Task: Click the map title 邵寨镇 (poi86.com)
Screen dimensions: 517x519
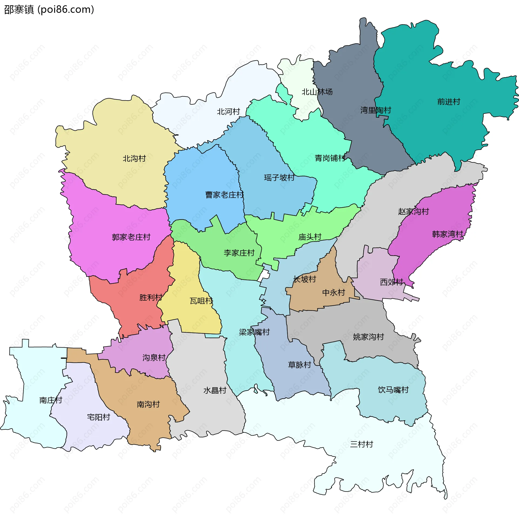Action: pyautogui.click(x=49, y=10)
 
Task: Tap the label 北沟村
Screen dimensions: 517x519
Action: pyautogui.click(x=134, y=158)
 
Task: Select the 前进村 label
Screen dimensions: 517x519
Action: pyautogui.click(x=449, y=102)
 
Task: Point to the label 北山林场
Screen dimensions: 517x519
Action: pyautogui.click(x=317, y=92)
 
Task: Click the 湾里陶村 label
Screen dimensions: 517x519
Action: pyautogui.click(x=376, y=110)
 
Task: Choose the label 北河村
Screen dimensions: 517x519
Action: pyautogui.click(x=229, y=112)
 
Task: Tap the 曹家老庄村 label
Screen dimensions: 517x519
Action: pyautogui.click(x=225, y=195)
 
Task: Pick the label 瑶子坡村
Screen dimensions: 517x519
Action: pyautogui.click(x=279, y=178)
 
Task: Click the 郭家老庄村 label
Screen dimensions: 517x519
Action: pyautogui.click(x=131, y=237)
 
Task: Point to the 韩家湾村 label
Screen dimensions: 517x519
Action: pyautogui.click(x=448, y=234)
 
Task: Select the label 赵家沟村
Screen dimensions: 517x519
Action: pyautogui.click(x=414, y=212)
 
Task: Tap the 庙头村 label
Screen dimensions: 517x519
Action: pyautogui.click(x=310, y=237)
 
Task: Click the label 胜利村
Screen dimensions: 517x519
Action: pyautogui.click(x=151, y=298)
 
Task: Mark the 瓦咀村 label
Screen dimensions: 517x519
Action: pyautogui.click(x=201, y=301)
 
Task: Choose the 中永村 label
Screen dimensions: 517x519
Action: pyautogui.click(x=334, y=293)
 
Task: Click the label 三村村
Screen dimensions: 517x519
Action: pyautogui.click(x=362, y=444)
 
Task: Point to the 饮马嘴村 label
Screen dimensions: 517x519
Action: pyautogui.click(x=393, y=390)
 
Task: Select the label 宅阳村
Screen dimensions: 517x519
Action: pyautogui.click(x=99, y=417)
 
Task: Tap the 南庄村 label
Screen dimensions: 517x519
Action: pyautogui.click(x=51, y=400)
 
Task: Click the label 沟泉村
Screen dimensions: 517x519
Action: pyautogui.click(x=154, y=358)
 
